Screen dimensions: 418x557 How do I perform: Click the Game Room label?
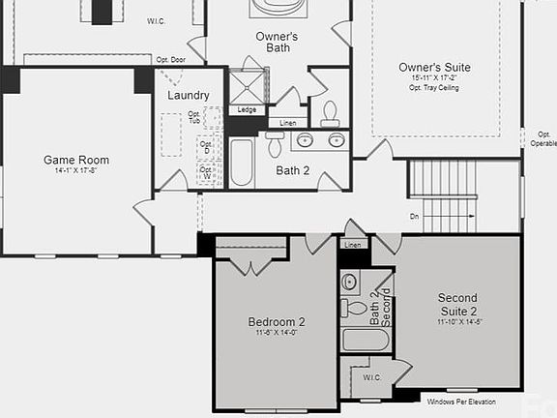75,160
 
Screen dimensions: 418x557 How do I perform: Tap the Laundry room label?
189,96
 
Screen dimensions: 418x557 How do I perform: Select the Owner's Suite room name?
434,67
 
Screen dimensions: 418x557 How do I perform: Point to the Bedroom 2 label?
277,321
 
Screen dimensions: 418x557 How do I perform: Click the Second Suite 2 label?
457,304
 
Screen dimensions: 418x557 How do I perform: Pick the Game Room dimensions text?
75,171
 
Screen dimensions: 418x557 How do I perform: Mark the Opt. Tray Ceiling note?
434,87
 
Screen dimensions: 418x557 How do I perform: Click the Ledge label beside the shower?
248,109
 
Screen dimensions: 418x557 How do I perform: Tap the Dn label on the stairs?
414,216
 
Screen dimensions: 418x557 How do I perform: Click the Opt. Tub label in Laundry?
194,117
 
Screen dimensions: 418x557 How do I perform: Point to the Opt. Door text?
170,59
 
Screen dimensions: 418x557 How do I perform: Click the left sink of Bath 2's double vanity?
305,140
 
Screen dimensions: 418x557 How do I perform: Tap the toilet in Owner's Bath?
330,112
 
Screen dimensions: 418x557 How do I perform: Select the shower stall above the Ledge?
246,84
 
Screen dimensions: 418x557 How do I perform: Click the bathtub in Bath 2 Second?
366,340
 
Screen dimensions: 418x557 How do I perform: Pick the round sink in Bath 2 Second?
350,282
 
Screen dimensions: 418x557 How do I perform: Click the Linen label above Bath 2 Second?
352,246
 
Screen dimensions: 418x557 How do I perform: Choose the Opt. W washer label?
206,171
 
